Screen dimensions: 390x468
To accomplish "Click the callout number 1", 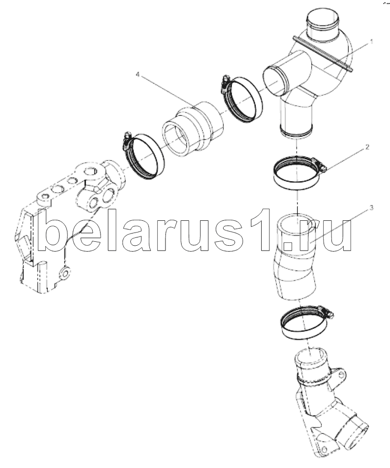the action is coord(371,42).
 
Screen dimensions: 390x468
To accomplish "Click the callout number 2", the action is coord(368,147).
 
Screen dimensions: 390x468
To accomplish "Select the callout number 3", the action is coord(371,208).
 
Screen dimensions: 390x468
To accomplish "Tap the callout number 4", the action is coord(138,74).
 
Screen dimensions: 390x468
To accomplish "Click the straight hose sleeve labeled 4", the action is coord(193,128).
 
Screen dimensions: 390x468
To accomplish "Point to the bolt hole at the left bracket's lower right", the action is coord(65,273).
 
